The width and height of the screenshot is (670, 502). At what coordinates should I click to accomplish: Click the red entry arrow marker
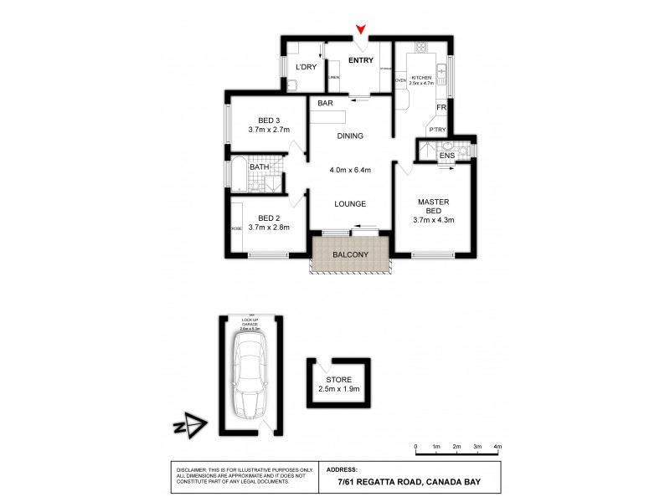pos(361,32)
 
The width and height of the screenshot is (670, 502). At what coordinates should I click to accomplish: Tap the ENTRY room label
pos(361,59)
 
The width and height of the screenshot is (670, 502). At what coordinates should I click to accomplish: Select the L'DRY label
pos(305,67)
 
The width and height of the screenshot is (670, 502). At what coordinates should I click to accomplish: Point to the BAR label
pos(326,104)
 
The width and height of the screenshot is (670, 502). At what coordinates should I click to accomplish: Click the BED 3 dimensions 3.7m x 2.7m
pos(269,130)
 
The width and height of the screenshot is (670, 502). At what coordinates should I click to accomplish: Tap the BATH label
pos(259,167)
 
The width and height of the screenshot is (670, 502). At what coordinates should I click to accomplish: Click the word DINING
pos(350,136)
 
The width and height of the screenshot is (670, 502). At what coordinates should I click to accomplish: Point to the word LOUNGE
pos(350,203)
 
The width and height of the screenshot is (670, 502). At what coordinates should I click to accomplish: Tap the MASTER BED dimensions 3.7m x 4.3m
pos(433,220)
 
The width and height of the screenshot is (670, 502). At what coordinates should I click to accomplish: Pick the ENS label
pos(446,154)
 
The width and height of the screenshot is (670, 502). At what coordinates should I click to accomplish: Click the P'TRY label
pos(436,130)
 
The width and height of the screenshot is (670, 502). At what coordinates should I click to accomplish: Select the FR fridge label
pos(441,108)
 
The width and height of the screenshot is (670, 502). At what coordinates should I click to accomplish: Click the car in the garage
pos(249,375)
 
